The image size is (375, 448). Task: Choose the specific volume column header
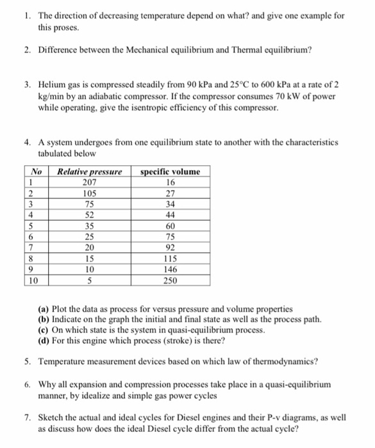click(x=170, y=171)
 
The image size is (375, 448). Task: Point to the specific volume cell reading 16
click(x=170, y=181)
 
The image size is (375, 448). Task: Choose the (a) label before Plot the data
click(x=45, y=308)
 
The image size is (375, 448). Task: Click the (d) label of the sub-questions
click(x=45, y=339)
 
